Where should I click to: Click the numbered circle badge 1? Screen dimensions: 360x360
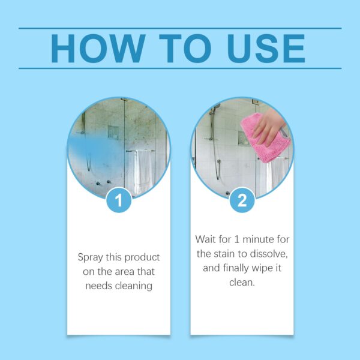click(119, 200)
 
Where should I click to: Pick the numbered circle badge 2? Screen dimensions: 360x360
click(242, 200)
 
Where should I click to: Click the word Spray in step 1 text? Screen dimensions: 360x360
click(91, 257)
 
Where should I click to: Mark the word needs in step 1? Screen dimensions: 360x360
click(99, 286)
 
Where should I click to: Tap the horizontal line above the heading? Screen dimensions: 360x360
click(180, 28)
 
